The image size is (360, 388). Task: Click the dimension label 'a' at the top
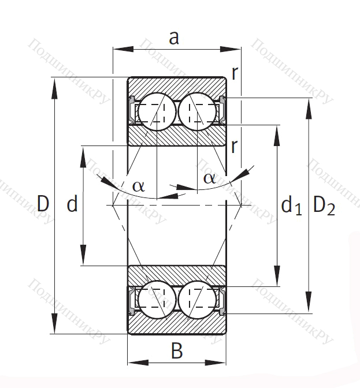click(x=174, y=38)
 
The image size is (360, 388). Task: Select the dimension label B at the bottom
click(x=177, y=350)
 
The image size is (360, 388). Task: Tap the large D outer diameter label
click(x=43, y=203)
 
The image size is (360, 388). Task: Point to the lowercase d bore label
click(x=72, y=203)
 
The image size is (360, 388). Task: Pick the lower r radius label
click(x=234, y=146)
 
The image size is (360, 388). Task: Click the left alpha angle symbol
click(x=139, y=186)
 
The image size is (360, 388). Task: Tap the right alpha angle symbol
click(x=209, y=178)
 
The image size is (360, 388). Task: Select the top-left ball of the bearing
click(x=157, y=111)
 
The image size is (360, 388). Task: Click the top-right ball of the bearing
click(x=197, y=111)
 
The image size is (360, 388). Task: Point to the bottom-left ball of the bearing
click(x=157, y=299)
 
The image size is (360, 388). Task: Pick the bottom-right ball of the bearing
click(x=197, y=299)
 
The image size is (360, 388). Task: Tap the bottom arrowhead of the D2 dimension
click(x=309, y=303)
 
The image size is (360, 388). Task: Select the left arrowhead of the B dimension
click(x=138, y=363)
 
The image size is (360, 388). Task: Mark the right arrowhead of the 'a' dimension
click(x=230, y=49)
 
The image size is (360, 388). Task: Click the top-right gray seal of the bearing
click(x=222, y=110)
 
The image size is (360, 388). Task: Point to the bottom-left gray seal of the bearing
click(x=132, y=301)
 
